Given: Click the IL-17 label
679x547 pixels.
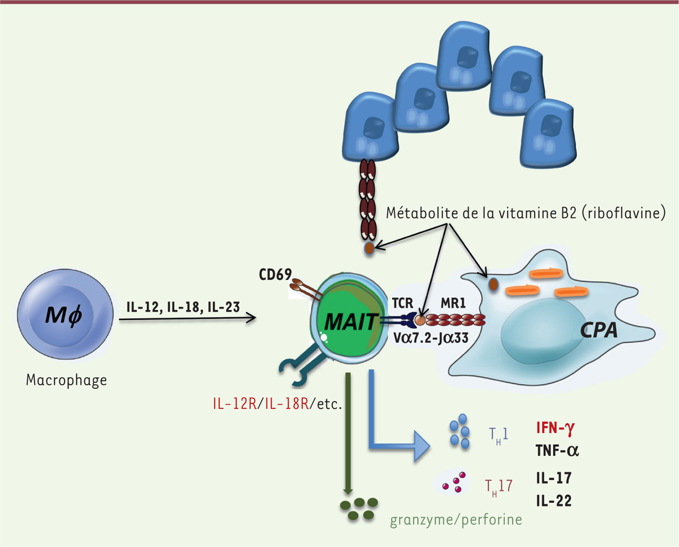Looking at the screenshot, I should click(553, 477).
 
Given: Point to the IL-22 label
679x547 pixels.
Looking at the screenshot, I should click(553, 501).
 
